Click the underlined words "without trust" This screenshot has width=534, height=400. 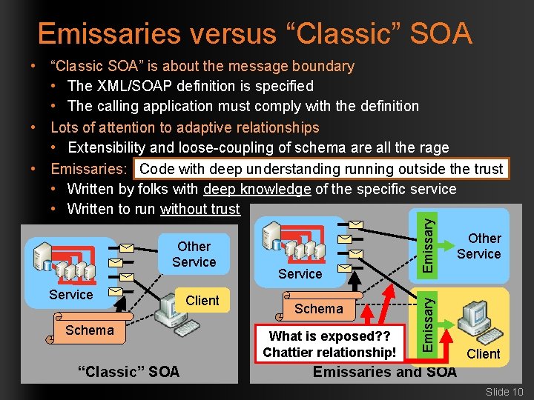click(200, 209)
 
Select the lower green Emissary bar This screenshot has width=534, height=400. click(428, 321)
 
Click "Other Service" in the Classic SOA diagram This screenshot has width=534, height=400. click(194, 254)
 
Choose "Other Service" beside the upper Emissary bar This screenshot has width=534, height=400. click(479, 246)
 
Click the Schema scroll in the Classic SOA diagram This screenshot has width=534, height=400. click(89, 330)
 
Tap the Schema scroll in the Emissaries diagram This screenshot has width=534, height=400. click(319, 309)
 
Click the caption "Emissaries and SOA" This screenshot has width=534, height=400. click(384, 372)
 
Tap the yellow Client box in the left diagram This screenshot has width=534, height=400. click(202, 300)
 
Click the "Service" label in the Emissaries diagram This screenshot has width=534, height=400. click(300, 274)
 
